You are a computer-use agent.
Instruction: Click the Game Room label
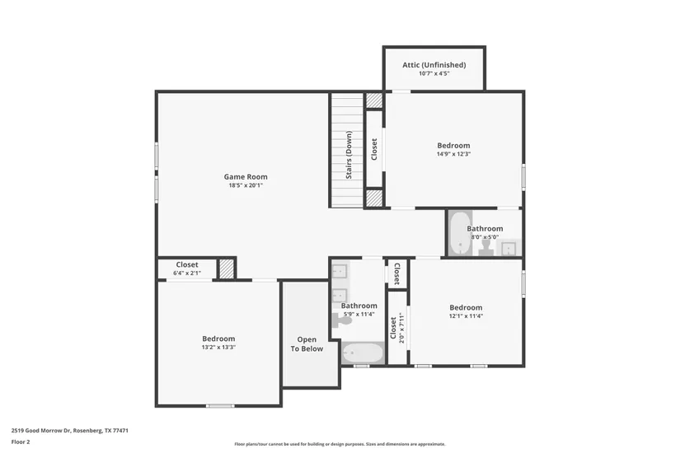246,177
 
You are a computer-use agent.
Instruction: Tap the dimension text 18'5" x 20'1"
246,185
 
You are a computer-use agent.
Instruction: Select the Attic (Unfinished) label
434,65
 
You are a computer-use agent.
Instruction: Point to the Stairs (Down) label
349,155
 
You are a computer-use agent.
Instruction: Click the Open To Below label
307,344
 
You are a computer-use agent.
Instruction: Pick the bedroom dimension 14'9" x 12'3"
453,154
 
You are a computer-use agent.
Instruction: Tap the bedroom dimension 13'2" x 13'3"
218,348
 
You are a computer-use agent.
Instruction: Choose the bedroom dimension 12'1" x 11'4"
466,316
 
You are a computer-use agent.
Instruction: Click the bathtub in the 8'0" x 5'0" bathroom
460,233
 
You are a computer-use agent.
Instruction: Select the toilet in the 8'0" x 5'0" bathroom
485,249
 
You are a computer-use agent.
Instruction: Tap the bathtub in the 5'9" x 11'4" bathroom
363,353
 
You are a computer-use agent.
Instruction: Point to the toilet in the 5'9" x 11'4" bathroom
342,321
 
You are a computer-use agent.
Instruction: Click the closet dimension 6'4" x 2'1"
187,273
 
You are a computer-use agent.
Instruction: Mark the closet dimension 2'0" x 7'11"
401,328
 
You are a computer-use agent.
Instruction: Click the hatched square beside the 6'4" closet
226,269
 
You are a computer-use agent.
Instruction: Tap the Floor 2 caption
21,442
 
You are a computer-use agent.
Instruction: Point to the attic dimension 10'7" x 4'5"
434,73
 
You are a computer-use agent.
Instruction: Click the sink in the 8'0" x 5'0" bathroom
509,249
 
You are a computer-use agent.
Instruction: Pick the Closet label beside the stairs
374,149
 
